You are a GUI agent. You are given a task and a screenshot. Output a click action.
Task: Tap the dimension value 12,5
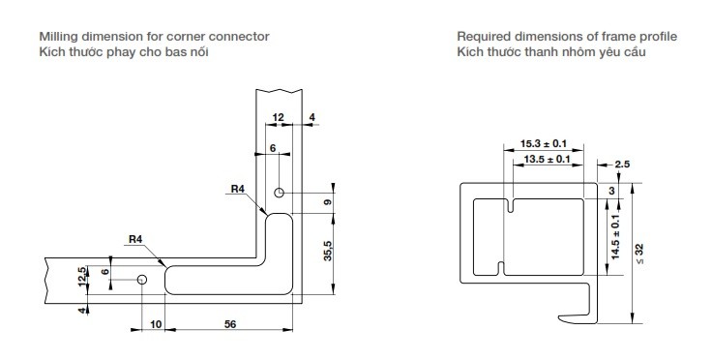coord(82,276)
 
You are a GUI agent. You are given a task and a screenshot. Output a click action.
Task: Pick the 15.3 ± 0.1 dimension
coord(543,142)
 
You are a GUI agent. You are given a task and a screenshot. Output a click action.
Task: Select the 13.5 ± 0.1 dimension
coord(546,160)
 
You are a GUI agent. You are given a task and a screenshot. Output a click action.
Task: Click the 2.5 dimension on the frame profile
coord(623,165)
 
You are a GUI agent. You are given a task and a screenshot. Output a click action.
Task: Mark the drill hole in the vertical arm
coord(279,193)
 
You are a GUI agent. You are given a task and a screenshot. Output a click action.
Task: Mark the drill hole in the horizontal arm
coord(142,280)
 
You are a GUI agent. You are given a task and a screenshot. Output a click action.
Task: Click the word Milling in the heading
coord(59,36)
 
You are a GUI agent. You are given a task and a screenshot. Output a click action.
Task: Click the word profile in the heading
coord(658,36)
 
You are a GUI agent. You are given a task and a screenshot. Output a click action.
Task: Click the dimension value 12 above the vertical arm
coord(278,117)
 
